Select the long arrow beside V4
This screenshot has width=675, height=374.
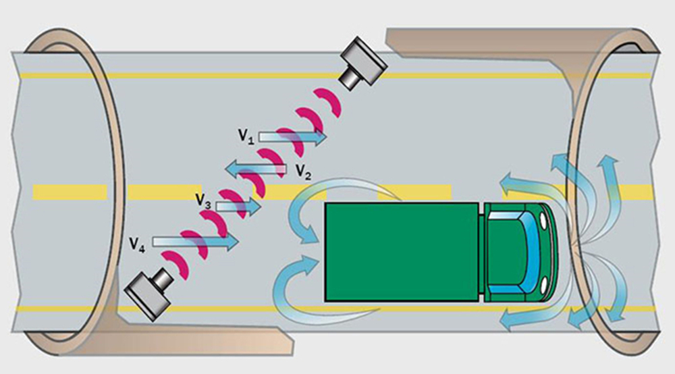point(196,240)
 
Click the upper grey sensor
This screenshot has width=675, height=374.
point(363,64)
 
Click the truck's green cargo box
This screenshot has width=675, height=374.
point(402,251)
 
